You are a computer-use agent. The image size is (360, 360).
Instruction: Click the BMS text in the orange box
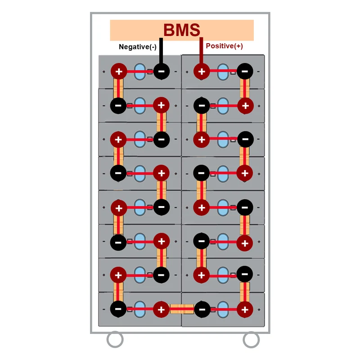(182, 30)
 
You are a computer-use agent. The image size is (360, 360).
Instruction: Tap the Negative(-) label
(138, 47)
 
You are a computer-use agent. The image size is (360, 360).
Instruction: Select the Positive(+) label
(224, 46)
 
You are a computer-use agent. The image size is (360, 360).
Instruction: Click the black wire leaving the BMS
(161, 51)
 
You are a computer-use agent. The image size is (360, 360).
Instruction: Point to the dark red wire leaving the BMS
(201, 50)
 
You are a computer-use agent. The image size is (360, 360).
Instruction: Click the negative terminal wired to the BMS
(162, 72)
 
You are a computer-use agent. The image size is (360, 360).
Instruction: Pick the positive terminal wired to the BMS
(202, 72)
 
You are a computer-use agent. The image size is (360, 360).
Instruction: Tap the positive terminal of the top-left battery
(119, 72)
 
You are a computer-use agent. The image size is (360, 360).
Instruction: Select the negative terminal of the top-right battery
(245, 72)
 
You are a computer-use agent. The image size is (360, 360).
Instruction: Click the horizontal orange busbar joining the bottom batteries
(181, 309)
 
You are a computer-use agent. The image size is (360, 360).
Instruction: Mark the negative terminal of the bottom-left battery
(118, 309)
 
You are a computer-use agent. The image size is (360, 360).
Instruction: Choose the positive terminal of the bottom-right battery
(245, 310)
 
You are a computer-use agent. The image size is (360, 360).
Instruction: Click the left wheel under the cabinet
(115, 339)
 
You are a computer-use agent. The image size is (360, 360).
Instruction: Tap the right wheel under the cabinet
(251, 340)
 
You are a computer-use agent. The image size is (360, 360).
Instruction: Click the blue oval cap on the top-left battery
(139, 72)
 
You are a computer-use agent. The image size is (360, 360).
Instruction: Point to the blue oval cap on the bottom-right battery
(223, 310)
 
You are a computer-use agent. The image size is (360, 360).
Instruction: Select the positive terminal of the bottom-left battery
(161, 310)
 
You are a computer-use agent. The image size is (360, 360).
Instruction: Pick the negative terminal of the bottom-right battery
(202, 310)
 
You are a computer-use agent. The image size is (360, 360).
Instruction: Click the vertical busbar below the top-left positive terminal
(118, 88)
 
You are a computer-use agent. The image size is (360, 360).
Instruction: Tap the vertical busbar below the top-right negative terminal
(245, 88)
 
